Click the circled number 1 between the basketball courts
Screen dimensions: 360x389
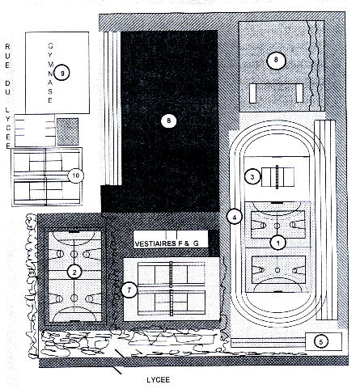pyautogui.click(x=278, y=243)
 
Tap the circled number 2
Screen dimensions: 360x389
pyautogui.click(x=74, y=272)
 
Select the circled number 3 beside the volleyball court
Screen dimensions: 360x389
pyautogui.click(x=252, y=177)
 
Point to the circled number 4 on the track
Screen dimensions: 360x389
pyautogui.click(x=235, y=217)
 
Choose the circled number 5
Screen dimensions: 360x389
pyautogui.click(x=321, y=342)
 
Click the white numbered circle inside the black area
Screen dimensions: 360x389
pyautogui.click(x=169, y=121)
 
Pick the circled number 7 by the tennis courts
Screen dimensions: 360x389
pyautogui.click(x=129, y=290)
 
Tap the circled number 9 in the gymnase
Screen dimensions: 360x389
pyautogui.click(x=61, y=73)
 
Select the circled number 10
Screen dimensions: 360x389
pyautogui.click(x=76, y=175)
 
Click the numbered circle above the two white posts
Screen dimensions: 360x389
pyautogui.click(x=276, y=61)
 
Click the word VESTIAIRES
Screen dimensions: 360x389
pyautogui.click(x=155, y=243)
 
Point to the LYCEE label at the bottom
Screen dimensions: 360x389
pyautogui.click(x=159, y=380)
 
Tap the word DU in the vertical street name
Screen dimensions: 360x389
pyautogui.click(x=7, y=87)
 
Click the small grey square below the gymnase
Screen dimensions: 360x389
pyautogui.click(x=68, y=132)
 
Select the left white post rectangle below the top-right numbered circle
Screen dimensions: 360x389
pyautogui.click(x=252, y=93)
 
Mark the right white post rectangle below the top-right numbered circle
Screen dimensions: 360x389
pyautogui.click(x=299, y=93)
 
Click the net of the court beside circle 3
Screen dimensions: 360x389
pyautogui.click(x=277, y=177)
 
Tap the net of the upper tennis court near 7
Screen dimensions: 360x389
pyautogui.click(x=171, y=274)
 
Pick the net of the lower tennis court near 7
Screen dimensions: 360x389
pyautogui.click(x=171, y=302)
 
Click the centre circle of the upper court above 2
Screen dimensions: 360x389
pyautogui.click(x=74, y=254)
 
